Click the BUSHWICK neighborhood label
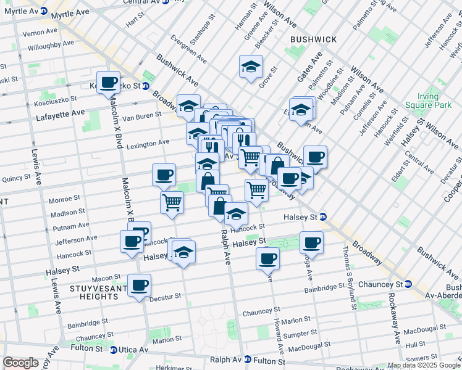tap(314, 39)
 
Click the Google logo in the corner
tap(20, 363)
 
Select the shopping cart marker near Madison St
tap(172, 201)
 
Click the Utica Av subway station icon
tap(113, 350)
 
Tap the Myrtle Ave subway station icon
tap(43, 11)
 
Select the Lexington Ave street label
tap(148, 142)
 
